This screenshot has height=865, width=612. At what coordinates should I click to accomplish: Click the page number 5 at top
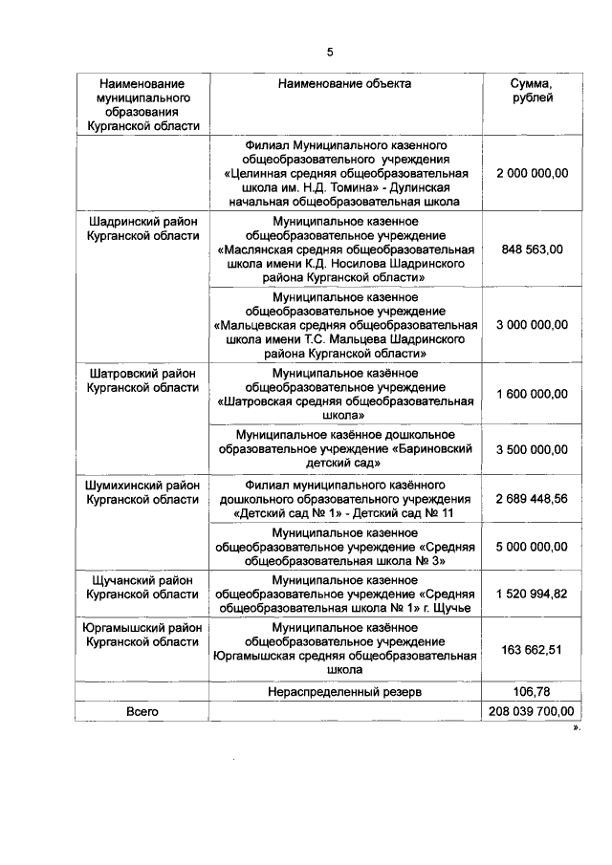(x=330, y=52)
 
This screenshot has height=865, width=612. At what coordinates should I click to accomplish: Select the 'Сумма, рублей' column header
(x=532, y=91)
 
